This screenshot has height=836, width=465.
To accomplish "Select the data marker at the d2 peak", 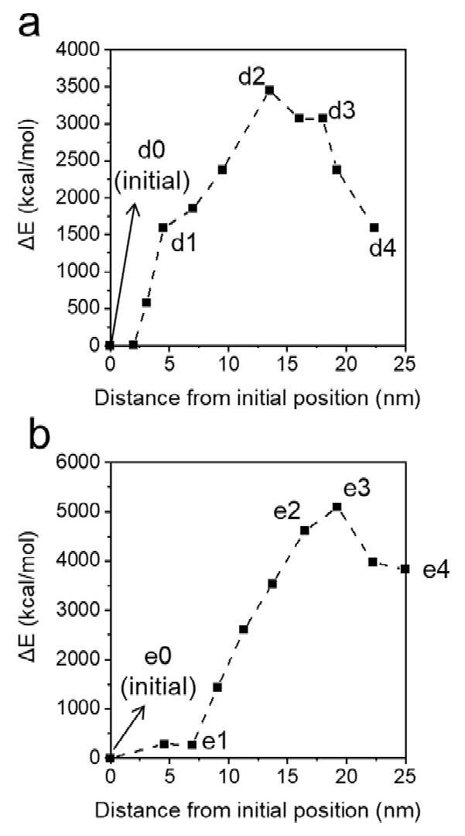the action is coord(269,90).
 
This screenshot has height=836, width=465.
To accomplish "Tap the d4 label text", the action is coord(382,248).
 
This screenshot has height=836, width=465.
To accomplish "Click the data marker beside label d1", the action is coord(163,227).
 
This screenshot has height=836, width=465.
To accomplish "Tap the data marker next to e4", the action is coord(405,569).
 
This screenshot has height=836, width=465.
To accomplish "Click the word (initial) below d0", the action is coord(152,182).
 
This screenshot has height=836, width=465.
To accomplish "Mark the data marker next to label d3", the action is coord(323,118).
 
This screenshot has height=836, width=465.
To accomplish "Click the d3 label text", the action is coord(343,112).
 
